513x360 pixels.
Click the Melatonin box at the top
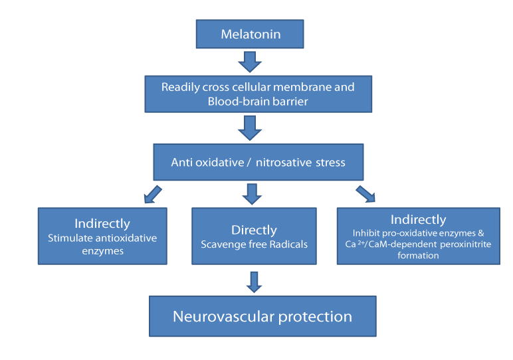250,34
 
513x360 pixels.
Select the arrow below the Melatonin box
250,62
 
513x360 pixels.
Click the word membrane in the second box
297,87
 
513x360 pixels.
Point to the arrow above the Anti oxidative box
250,128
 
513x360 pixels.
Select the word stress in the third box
330,163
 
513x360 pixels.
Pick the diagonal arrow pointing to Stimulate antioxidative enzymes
153,195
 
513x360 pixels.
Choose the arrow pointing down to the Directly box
252,194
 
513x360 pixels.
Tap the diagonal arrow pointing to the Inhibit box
365,194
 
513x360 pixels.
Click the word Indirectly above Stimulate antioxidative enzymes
102,224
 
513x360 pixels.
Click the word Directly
255,230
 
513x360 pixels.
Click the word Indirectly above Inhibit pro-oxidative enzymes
419,220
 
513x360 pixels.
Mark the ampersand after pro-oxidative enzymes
481,233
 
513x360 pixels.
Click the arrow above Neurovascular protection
255,282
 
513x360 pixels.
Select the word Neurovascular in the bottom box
223,317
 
